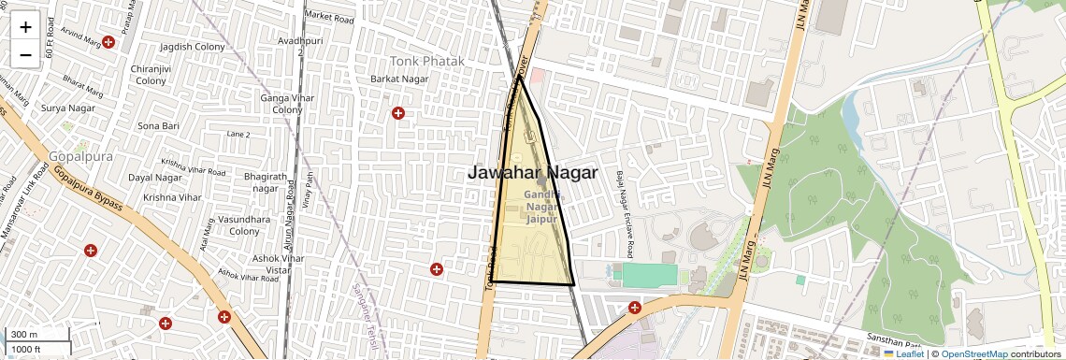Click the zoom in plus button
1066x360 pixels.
pos(25,26)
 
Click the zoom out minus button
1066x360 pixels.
pos(25,54)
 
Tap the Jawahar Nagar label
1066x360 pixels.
pos(532,173)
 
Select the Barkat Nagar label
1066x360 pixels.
pos(400,79)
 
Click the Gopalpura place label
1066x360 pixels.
pos(80,155)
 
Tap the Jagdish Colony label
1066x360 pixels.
pos(193,46)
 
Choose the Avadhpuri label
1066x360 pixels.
pos(286,42)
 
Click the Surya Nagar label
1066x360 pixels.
pos(68,108)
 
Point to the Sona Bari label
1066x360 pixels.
pos(158,125)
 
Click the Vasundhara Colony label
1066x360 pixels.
pos(244,224)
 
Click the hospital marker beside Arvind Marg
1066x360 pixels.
pos(108,42)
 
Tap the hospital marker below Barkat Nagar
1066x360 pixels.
pos(398,113)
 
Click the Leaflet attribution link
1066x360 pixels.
pos(903,353)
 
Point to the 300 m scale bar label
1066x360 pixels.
pos(24,335)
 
